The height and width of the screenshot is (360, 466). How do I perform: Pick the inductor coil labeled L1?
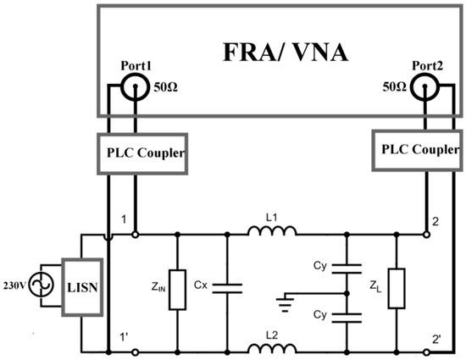(270, 230)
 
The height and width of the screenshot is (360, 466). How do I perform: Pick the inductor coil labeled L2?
(270, 347)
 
